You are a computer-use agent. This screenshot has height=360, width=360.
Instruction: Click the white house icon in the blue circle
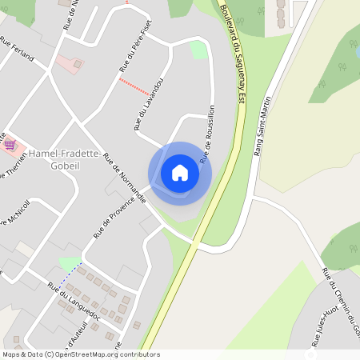click(x=180, y=173)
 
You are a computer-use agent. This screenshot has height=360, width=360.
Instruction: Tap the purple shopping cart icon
click(x=10, y=145)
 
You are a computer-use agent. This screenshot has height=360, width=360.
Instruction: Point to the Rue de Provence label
click(x=112, y=217)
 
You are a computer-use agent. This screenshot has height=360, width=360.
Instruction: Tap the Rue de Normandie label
click(x=123, y=177)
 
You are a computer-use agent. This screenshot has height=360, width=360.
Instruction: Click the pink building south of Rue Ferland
click(x=73, y=64)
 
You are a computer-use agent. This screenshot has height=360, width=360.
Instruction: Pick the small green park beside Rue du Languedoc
click(x=70, y=263)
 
